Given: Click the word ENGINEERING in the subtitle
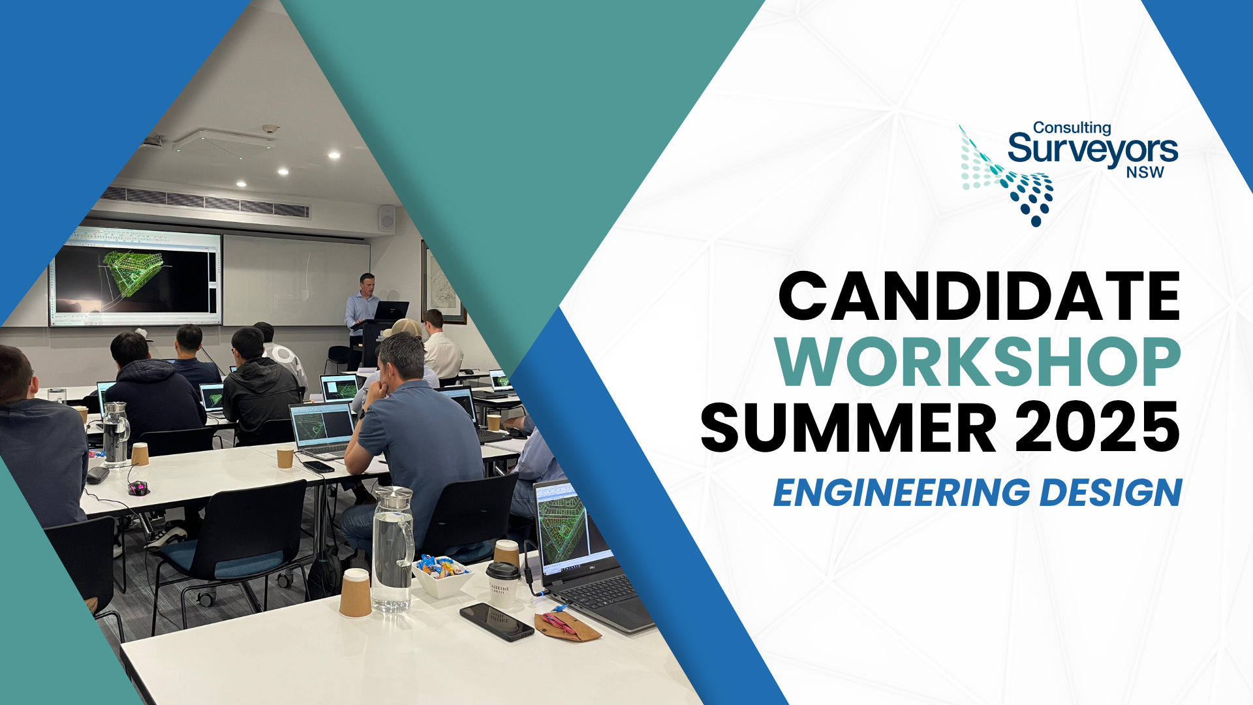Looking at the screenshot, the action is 901,493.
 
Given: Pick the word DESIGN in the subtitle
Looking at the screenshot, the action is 1111,493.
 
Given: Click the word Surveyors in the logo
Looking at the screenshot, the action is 1092,149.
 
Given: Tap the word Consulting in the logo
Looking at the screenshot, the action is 1072,128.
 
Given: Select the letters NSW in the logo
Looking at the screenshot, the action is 1145,172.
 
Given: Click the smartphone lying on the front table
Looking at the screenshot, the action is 496,621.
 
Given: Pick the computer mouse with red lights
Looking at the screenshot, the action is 138,488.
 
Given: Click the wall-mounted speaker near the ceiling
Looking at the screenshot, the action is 387,219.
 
